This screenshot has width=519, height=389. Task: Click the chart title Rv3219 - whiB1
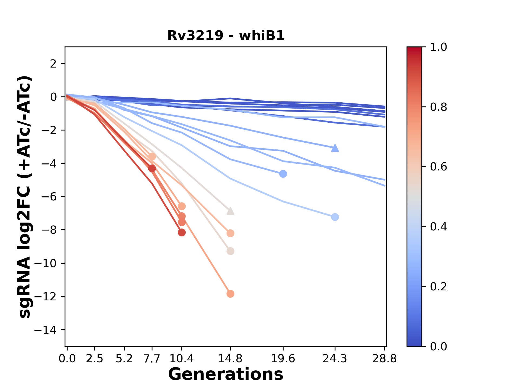[226, 36]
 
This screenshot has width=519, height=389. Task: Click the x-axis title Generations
[226, 374]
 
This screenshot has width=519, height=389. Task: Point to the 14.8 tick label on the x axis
[230, 359]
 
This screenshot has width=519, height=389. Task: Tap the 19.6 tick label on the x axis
[283, 359]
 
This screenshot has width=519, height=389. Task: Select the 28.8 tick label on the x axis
[384, 359]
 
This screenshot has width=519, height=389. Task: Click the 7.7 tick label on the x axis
[152, 359]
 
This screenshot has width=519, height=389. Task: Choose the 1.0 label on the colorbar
[438, 47]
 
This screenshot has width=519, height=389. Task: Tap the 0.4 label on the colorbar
[438, 227]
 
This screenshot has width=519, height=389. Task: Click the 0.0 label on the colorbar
[438, 346]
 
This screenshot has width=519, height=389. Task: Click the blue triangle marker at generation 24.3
[335, 148]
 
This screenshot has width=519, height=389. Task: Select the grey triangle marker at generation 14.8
[230, 211]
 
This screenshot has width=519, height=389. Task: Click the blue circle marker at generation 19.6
[283, 174]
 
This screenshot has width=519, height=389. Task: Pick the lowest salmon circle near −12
[230, 294]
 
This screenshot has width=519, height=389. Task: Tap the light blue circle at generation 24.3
[335, 217]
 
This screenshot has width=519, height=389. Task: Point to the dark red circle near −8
[182, 232]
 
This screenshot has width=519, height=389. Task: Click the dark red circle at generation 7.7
[152, 168]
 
